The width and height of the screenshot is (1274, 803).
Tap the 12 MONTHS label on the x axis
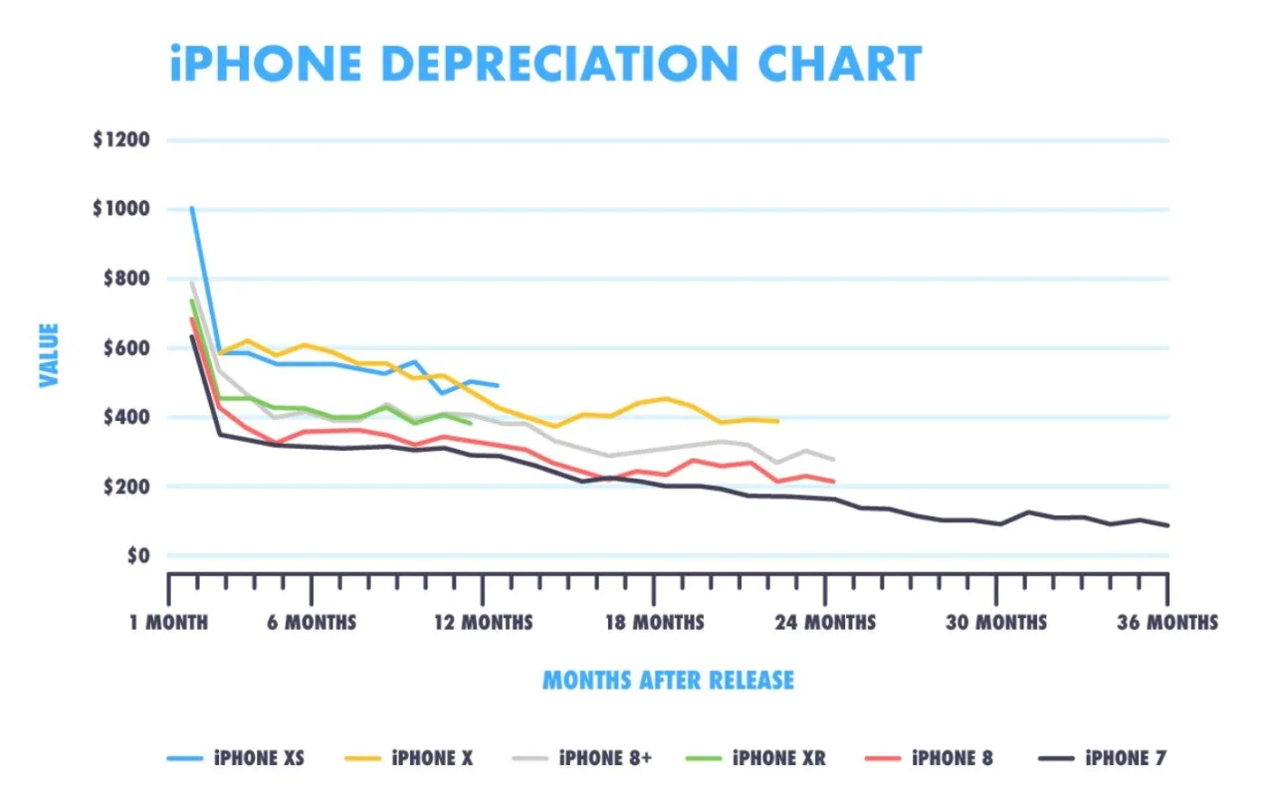point(484,623)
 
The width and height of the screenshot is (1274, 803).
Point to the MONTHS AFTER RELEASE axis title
point(668,681)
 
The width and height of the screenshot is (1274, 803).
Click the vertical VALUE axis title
point(49,354)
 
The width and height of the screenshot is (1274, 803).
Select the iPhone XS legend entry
point(236,758)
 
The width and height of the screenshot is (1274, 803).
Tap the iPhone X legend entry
point(411,758)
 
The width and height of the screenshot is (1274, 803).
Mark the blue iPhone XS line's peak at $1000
point(191,208)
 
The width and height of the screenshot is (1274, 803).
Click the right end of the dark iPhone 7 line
point(1168,525)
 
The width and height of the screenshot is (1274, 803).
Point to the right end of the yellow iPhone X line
point(777,422)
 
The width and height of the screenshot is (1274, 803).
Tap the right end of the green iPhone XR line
point(470,423)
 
